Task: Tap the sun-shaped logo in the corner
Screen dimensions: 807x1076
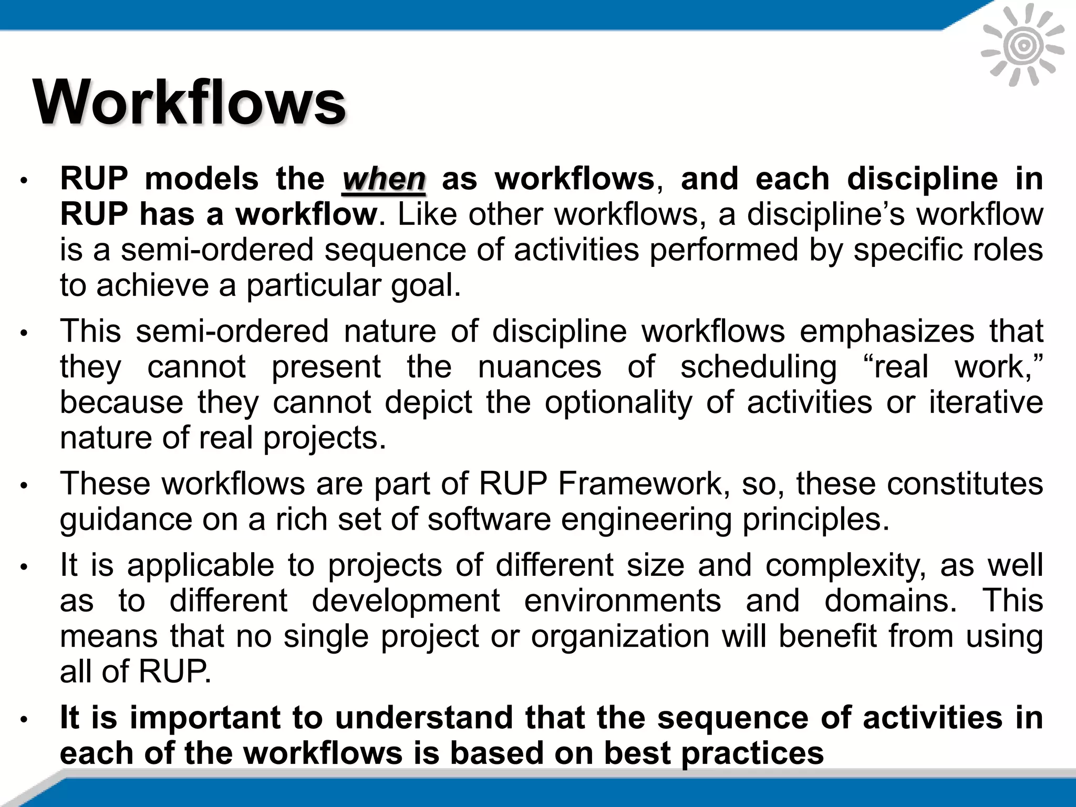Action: pos(1023,46)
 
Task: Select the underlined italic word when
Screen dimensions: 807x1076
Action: pos(384,179)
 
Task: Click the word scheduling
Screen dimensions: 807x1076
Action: pos(759,367)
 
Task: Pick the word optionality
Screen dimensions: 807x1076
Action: pos(618,402)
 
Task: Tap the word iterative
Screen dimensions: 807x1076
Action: pos(986,402)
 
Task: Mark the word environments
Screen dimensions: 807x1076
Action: pos(623,601)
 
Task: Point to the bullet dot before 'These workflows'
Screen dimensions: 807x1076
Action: pos(24,485)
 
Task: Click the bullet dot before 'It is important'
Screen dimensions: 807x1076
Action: pos(24,719)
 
